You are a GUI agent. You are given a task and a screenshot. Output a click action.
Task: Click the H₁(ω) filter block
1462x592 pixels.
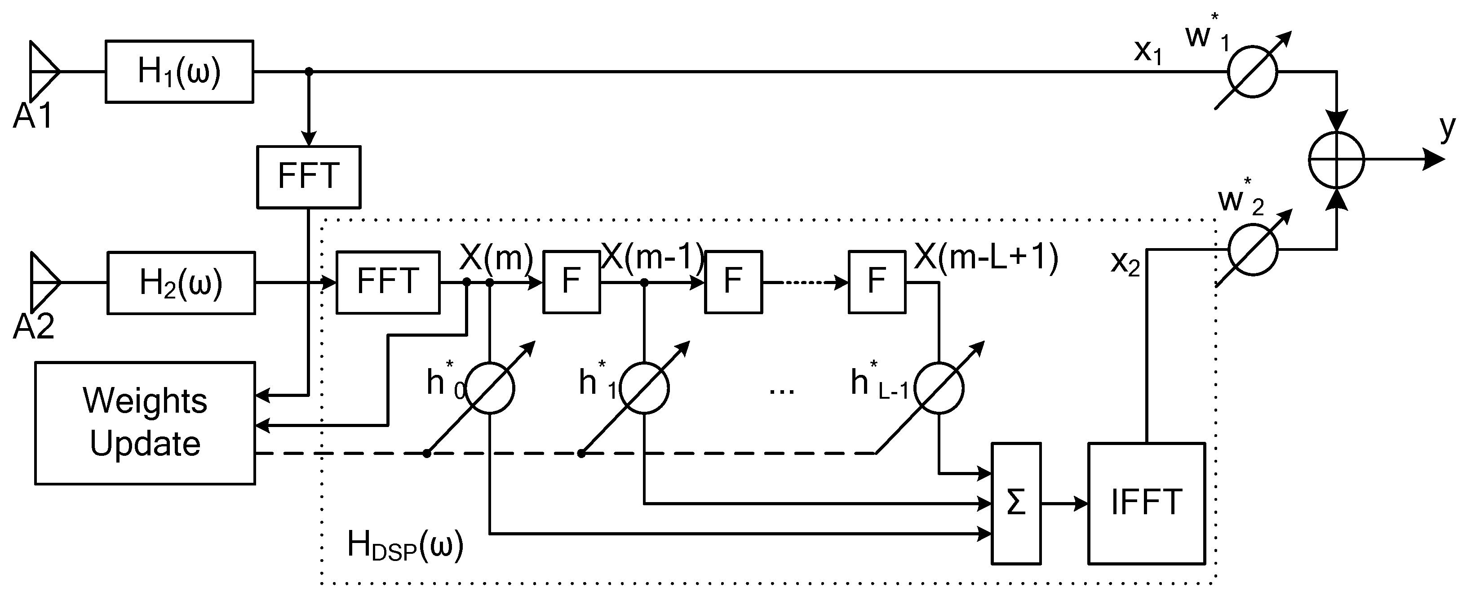coord(179,71)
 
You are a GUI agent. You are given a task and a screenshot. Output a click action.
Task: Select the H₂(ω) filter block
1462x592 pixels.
coord(181,283)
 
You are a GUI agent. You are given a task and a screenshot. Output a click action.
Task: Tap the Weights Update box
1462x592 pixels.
coord(145,423)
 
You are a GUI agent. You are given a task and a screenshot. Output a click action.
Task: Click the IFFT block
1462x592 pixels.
coord(1146,503)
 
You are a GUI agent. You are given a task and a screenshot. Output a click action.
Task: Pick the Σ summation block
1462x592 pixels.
coord(1015,503)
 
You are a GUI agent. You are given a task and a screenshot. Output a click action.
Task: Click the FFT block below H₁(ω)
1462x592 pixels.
coord(308,177)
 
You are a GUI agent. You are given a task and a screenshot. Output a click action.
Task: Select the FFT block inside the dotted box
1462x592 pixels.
coord(388,282)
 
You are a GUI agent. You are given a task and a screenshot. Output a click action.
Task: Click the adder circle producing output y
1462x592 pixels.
coord(1336,160)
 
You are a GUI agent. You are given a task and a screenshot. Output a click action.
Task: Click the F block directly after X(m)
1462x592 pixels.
coord(571,282)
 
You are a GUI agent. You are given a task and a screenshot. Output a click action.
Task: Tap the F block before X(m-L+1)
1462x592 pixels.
coord(876,282)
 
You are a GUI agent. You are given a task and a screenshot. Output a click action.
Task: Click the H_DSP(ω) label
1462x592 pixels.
coord(405,545)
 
